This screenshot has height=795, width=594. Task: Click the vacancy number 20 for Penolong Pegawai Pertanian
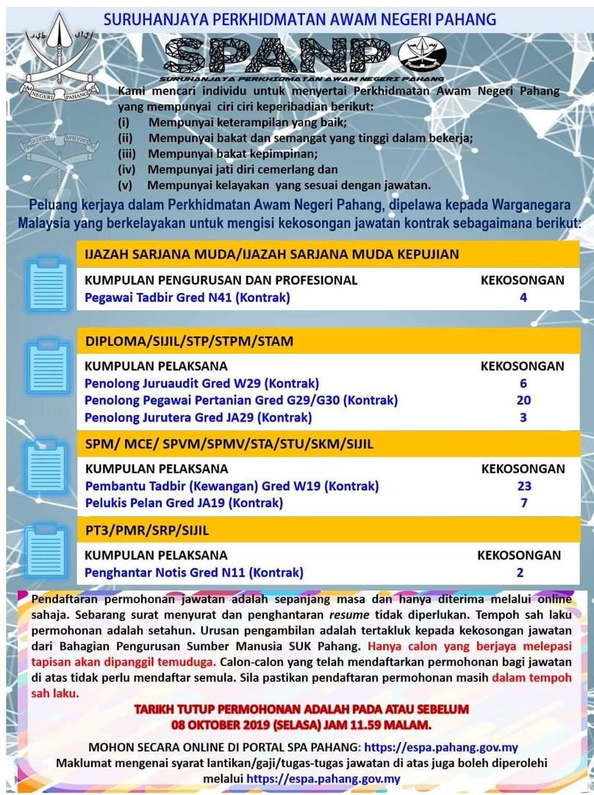click(523, 400)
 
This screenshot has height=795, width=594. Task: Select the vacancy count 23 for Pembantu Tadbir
click(523, 486)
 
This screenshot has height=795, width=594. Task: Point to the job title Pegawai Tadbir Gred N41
click(187, 298)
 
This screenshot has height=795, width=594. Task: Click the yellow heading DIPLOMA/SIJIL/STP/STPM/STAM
click(189, 341)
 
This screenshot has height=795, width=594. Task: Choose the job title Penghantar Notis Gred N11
click(194, 573)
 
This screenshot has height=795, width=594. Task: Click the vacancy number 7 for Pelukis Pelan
click(523, 504)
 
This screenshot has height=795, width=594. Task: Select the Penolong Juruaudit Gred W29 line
click(201, 384)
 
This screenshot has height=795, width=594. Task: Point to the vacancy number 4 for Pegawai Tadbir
click(523, 298)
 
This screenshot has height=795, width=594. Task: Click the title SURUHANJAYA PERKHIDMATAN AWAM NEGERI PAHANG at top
click(300, 19)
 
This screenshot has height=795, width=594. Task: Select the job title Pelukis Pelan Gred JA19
click(184, 504)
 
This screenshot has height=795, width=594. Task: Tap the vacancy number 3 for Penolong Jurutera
click(523, 417)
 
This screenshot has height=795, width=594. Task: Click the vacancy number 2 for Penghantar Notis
click(520, 573)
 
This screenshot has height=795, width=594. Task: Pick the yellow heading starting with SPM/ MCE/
click(229, 445)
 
